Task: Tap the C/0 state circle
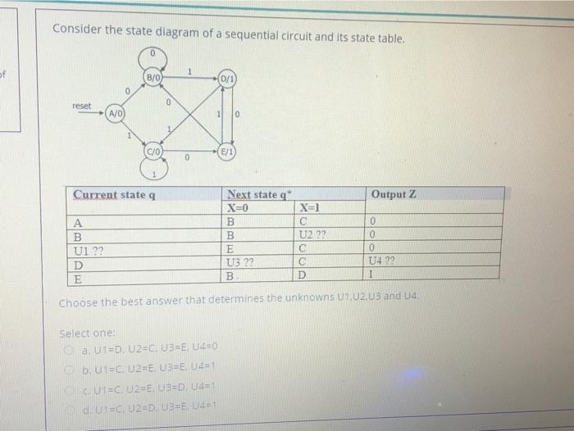153,151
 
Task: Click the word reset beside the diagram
82,107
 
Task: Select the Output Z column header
394,194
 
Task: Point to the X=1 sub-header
313,207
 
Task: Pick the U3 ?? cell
241,262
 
